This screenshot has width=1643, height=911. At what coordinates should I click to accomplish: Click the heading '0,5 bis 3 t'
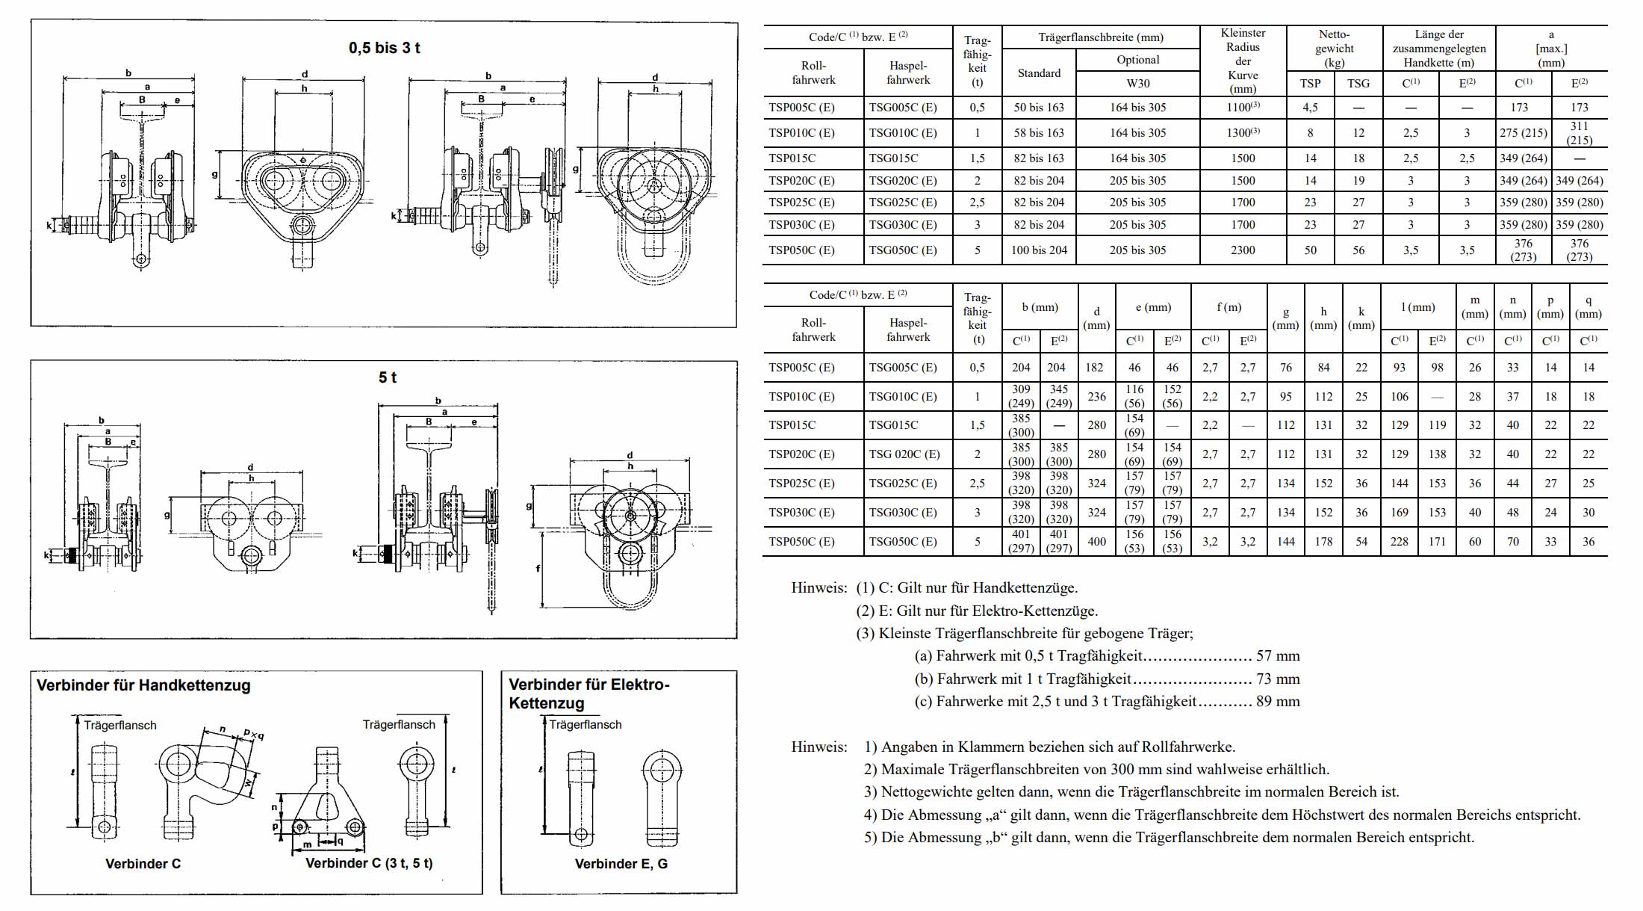tap(384, 48)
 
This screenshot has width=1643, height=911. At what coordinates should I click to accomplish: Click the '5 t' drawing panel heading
tap(387, 377)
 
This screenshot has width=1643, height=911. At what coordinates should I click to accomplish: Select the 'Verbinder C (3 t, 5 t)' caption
tap(369, 863)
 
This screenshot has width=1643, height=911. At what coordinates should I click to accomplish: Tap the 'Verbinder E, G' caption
tap(621, 864)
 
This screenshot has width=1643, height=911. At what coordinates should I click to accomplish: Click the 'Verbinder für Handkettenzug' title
tap(143, 685)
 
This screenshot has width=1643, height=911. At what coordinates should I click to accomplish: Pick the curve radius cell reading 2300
tap(1243, 250)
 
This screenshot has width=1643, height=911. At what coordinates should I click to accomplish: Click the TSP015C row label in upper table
tap(792, 158)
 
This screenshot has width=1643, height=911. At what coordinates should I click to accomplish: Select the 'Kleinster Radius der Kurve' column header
tap(1243, 60)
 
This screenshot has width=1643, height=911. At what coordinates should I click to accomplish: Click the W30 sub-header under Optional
tap(1137, 84)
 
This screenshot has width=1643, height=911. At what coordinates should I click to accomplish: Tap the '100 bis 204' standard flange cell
tap(1039, 250)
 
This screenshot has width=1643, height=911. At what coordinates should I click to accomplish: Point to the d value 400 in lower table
tap(1096, 542)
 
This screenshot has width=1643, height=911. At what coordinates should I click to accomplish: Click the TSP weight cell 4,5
tap(1310, 108)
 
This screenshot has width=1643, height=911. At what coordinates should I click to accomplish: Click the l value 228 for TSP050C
tap(1399, 542)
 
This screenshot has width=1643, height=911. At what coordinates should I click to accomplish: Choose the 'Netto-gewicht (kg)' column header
tap(1334, 48)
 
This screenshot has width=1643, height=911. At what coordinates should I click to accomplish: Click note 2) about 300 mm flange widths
tap(1096, 770)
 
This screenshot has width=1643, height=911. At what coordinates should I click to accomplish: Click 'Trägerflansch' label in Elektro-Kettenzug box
tap(585, 725)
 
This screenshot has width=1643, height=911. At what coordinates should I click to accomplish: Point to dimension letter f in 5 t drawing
tap(538, 569)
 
